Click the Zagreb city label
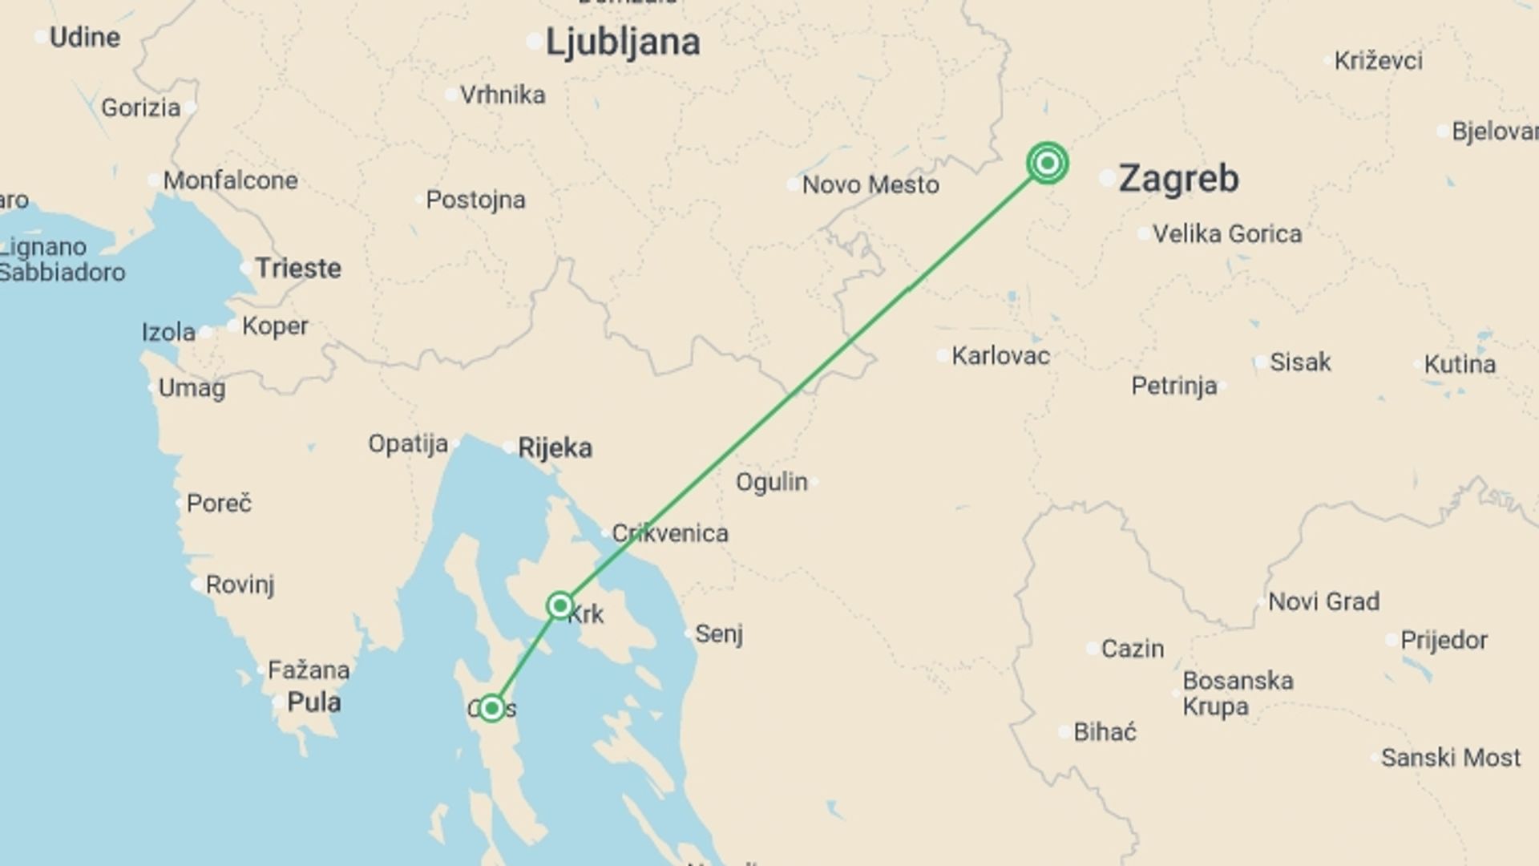(x=1178, y=178)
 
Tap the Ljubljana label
(x=622, y=42)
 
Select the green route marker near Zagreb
(x=1047, y=164)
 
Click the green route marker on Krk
(x=559, y=605)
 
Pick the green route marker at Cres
(x=491, y=708)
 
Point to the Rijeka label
(x=555, y=447)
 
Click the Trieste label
(x=297, y=268)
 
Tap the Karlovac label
(x=1000, y=355)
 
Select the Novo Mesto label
(x=870, y=184)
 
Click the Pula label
(x=313, y=702)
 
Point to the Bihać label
(x=1105, y=731)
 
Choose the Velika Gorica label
(x=1227, y=234)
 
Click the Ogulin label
(x=772, y=481)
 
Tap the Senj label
(x=719, y=633)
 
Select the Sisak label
(x=1300, y=362)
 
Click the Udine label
(x=85, y=37)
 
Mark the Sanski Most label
(x=1451, y=757)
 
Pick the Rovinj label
(x=240, y=585)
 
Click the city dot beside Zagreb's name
(x=1107, y=178)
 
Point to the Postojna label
(x=475, y=200)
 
